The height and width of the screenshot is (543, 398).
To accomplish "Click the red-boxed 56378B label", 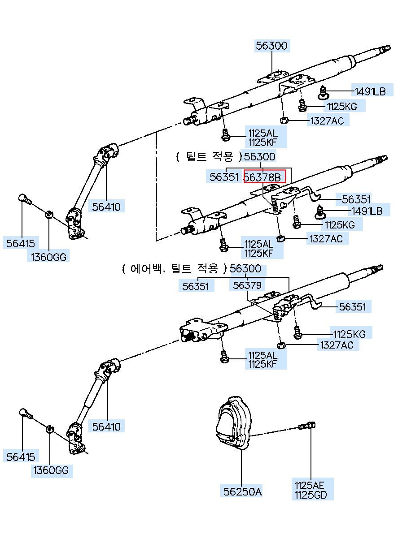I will point(264,177).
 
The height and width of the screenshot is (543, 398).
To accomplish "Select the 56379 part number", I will point(247,285).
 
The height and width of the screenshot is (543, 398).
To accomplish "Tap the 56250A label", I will point(242,491).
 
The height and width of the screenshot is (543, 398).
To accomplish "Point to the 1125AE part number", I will point(309,485).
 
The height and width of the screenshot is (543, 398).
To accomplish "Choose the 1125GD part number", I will point(311,495).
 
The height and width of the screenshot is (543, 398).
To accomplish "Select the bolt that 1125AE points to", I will point(307,425).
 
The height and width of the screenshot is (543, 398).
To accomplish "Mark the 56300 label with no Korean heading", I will point(272,45).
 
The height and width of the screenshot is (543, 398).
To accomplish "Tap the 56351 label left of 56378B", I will point(224,177).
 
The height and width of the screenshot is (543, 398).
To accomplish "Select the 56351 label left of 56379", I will point(196,285).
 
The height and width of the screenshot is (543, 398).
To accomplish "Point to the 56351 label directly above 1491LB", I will point(357,199).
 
